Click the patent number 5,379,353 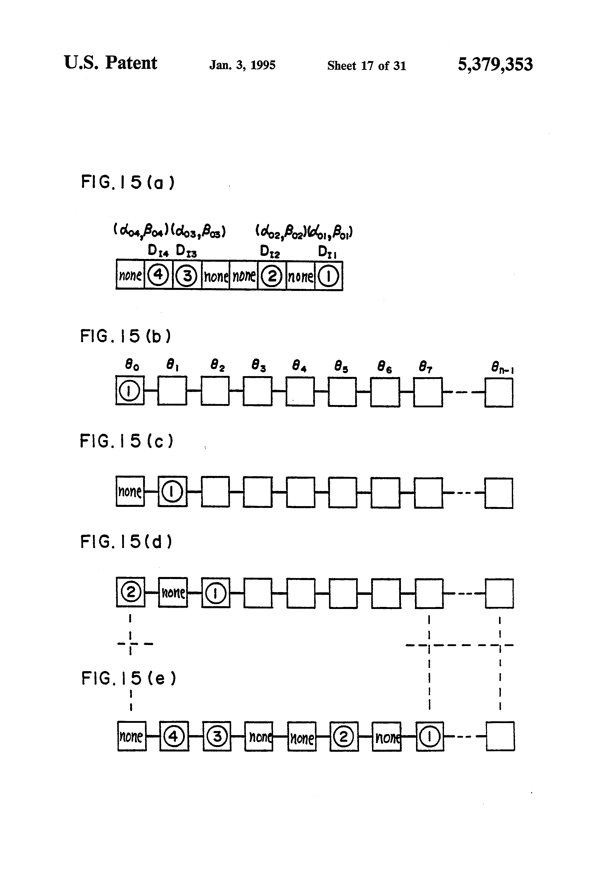click(495, 64)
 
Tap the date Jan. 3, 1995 click(242, 65)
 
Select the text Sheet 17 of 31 click(366, 66)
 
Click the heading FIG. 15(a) click(128, 182)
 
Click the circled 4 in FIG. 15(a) click(158, 275)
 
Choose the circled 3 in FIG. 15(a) click(187, 276)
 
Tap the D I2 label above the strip click(270, 252)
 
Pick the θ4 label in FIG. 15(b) click(299, 365)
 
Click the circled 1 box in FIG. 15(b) click(130, 391)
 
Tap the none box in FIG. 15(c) click(130, 491)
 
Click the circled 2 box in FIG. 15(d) click(130, 593)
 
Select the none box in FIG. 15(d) click(173, 593)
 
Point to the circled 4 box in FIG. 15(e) click(174, 737)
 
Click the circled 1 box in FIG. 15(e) click(430, 737)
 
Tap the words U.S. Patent click(110, 63)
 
